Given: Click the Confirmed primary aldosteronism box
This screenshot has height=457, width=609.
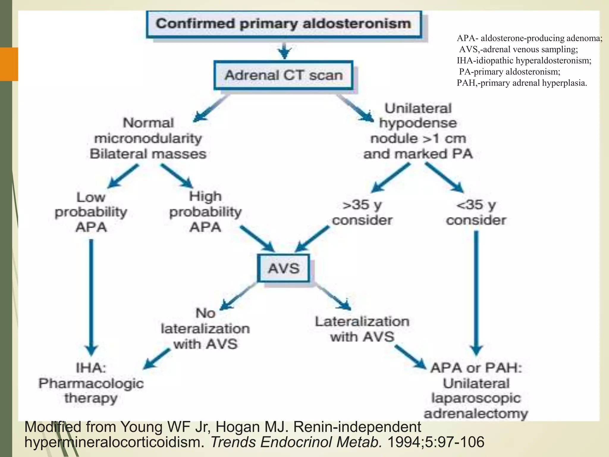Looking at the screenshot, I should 284,24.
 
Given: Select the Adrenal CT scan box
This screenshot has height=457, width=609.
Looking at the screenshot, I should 283,75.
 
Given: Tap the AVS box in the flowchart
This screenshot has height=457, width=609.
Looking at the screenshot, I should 283,268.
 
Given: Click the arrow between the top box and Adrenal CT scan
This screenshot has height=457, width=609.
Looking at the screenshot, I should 285,50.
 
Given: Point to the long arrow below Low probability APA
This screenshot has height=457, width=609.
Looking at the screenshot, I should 91,295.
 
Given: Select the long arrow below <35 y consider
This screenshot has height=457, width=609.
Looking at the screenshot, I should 476,292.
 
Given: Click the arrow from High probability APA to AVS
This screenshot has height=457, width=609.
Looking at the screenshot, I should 257,238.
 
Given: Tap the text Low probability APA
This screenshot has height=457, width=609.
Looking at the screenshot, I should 91,212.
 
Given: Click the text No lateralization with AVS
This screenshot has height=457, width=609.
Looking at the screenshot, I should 205,328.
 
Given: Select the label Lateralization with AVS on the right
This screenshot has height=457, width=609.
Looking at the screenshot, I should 362,329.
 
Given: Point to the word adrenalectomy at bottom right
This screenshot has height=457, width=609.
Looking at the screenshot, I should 476,414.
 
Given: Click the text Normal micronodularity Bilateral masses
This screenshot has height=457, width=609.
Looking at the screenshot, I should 148,138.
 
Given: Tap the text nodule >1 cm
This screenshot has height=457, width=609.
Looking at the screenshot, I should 418,138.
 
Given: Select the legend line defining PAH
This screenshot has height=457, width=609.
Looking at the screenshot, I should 522,83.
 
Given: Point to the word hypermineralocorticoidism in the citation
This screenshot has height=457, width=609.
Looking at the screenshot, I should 114,442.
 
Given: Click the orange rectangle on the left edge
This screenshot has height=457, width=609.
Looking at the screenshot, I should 9,64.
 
